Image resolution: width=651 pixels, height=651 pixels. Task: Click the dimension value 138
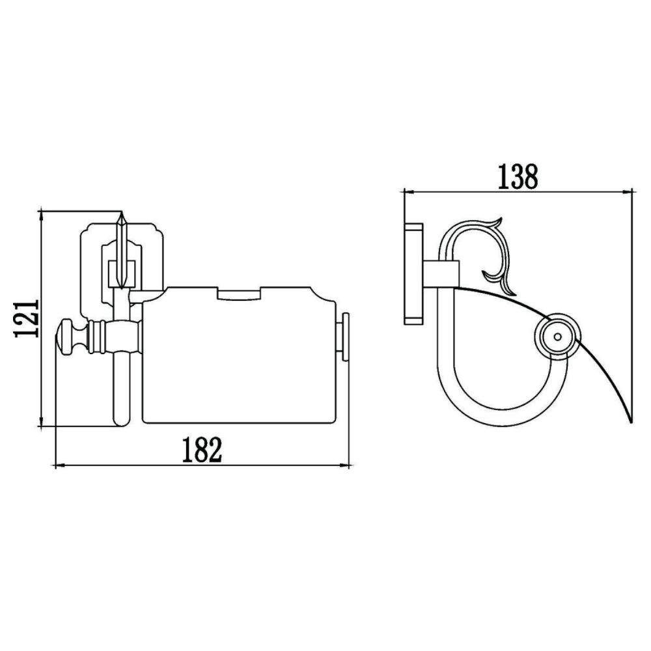(x=518, y=176)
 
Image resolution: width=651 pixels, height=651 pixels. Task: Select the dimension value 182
(x=201, y=450)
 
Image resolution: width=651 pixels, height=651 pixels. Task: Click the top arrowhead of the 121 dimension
(x=42, y=215)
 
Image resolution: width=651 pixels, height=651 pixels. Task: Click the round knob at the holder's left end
(x=68, y=338)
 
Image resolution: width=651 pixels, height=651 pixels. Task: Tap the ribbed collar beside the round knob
(x=98, y=337)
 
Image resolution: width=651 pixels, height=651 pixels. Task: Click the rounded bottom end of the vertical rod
(x=122, y=421)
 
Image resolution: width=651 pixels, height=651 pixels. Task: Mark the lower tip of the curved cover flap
(x=629, y=420)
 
